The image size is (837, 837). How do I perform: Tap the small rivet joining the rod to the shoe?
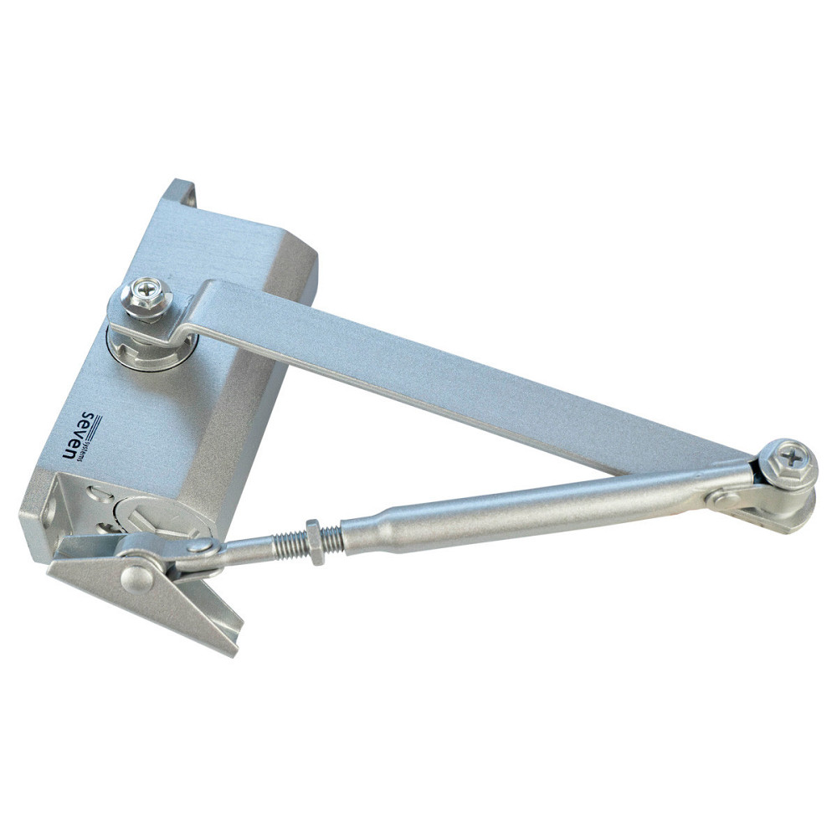203,545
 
